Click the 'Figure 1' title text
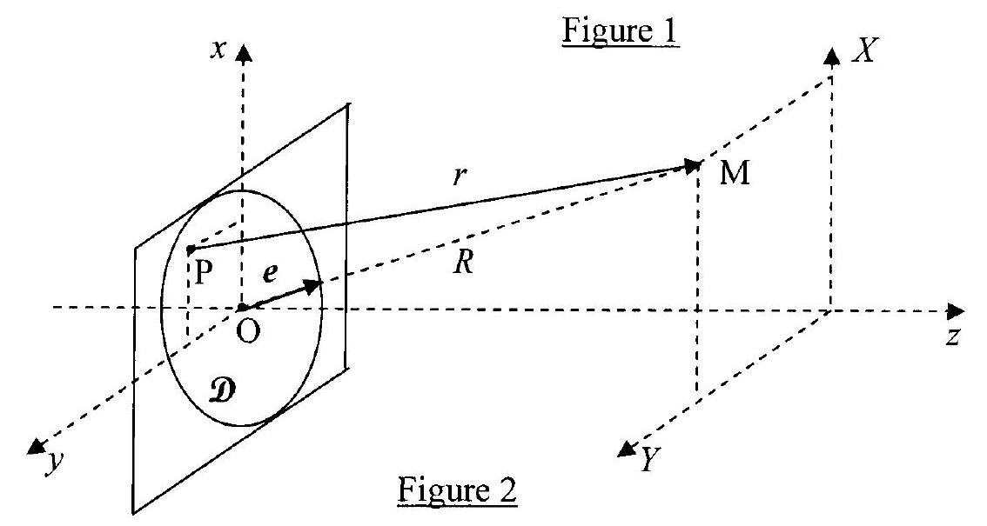tap(620, 31)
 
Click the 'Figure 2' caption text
tap(457, 489)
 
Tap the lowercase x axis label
tap(218, 50)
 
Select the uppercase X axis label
tap(865, 50)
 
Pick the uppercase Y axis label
tap(649, 461)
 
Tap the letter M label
tap(735, 172)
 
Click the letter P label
tap(202, 272)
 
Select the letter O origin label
tap(249, 331)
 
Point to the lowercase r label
tap(460, 176)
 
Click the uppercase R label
tap(463, 262)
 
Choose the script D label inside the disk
tap(225, 391)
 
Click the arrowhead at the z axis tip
tap(956, 310)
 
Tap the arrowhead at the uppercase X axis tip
tap(832, 56)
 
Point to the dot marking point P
tap(190, 250)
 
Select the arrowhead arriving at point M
tap(693, 167)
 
